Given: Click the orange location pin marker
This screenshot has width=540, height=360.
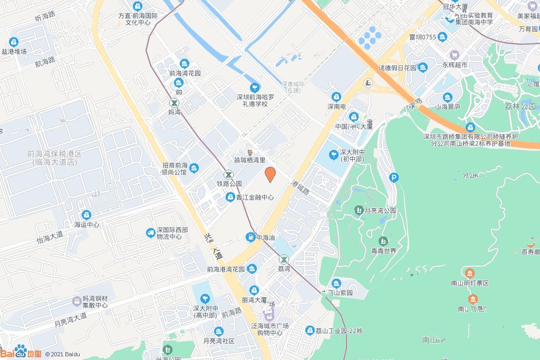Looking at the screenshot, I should click(x=270, y=174).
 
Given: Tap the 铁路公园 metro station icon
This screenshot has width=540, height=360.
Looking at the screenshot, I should click(x=228, y=174).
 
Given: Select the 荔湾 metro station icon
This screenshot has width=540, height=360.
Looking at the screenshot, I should click(x=284, y=259).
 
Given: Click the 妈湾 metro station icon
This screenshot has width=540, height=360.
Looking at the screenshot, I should click(x=174, y=103).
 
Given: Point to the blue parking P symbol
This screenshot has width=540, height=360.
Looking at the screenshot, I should click(x=394, y=178).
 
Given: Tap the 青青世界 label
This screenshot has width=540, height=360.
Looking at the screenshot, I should click(x=383, y=251).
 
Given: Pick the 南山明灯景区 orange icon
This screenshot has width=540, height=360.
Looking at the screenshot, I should click(x=470, y=273).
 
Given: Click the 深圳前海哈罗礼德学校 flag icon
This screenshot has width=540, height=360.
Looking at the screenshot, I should click(x=255, y=87).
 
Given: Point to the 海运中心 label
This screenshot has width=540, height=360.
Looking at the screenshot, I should click(x=86, y=225).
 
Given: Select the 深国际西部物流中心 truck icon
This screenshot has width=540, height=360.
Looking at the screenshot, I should click(x=150, y=233).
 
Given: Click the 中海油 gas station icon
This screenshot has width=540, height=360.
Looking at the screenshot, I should click(x=250, y=237).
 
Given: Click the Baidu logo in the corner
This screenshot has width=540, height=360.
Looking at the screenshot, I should click(x=20, y=353).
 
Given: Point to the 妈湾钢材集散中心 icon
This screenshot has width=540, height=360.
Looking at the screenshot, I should click(x=78, y=301).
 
